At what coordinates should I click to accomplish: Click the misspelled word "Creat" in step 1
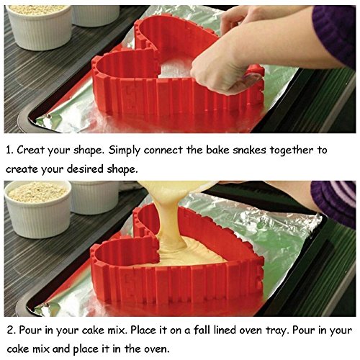pos(31,150)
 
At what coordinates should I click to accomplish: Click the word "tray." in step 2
pos(276,330)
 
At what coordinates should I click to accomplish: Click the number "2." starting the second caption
pos(12,330)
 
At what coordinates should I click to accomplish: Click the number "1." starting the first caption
pos(9,150)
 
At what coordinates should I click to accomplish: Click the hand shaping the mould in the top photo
pos(220,70)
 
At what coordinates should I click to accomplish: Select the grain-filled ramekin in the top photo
pos(40,27)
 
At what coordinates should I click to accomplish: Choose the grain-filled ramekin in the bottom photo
pos(38,209)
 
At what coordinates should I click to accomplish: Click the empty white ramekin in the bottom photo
pos(95,197)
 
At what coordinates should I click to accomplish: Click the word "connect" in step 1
pos(163,150)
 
